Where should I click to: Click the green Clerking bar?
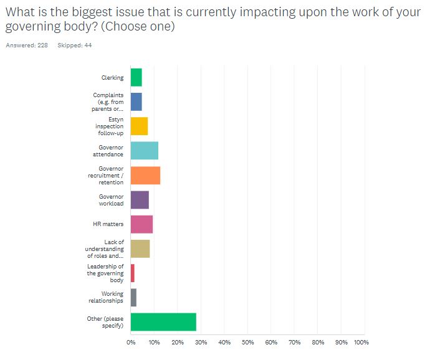pos(136,78)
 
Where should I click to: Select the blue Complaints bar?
pos(136,102)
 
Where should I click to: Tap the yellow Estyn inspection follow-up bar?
pos(139,126)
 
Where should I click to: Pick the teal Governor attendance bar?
pos(144,151)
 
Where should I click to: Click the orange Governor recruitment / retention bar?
pos(145,176)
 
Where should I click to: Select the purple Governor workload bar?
pos(140,200)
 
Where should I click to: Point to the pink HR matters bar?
pos(141,224)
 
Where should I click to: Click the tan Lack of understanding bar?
pos(140,249)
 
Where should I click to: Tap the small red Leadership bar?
pos(132,273)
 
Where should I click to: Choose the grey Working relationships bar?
pos(133,297)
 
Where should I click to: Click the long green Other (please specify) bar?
pos(163,322)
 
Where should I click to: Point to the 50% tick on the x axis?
pos(247,342)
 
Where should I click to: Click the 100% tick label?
pos(361,342)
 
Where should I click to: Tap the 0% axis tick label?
pos(131,342)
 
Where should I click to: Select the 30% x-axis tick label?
pos(201,342)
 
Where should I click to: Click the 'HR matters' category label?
pos(112,224)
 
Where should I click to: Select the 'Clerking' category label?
pos(112,78)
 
